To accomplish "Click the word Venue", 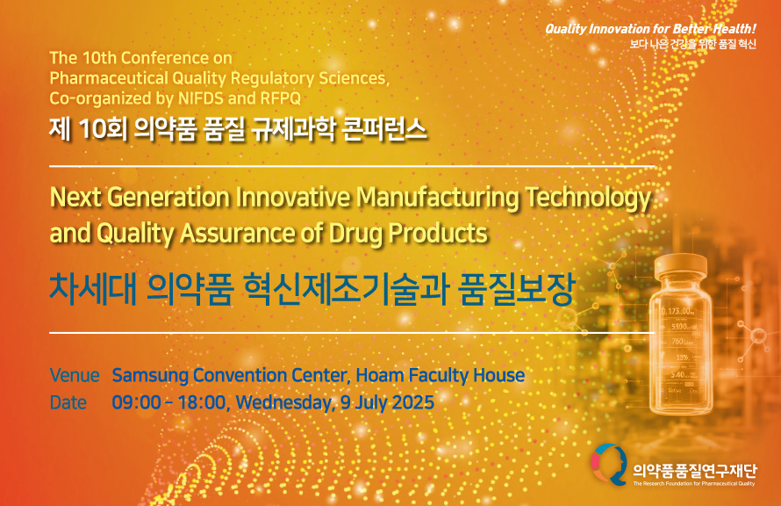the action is click(75, 375).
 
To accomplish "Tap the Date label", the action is click(68, 402).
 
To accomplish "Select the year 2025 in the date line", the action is click(413, 402).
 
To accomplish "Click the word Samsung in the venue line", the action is click(150, 376).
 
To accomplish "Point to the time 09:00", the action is click(136, 402).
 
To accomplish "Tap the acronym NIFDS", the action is click(201, 98).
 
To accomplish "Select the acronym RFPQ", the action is click(281, 98).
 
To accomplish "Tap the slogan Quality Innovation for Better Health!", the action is click(650, 28).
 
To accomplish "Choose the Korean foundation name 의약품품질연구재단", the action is click(695, 470).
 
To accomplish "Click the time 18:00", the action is click(202, 402).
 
